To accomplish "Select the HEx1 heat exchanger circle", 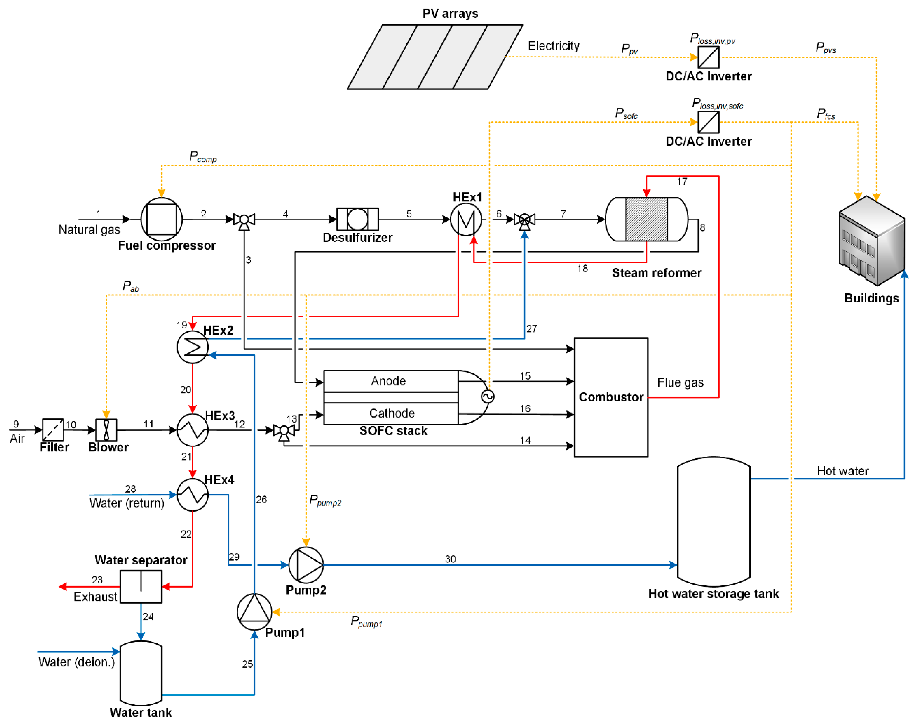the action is tap(466, 219).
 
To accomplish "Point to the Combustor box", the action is tap(611, 397).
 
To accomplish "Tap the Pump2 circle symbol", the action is tap(306, 565).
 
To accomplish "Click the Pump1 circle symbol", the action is tap(254, 612).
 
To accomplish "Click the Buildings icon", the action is tap(872, 240).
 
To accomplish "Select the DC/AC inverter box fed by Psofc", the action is tap(709, 122).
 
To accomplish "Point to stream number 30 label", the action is tap(450, 559).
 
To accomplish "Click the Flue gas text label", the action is tap(680, 382).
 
